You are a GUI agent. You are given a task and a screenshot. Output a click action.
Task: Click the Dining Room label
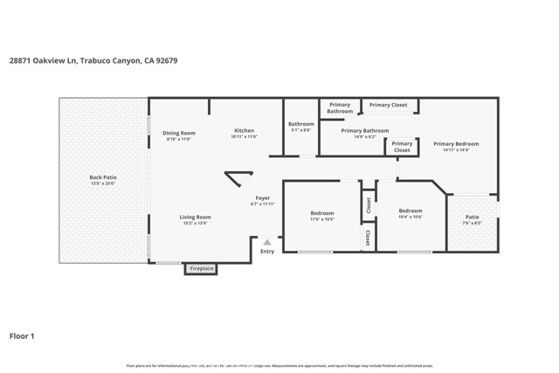pos(178,133)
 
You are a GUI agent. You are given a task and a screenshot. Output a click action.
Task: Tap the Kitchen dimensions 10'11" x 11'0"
pos(243,137)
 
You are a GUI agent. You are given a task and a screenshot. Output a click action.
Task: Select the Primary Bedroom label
pos(456,144)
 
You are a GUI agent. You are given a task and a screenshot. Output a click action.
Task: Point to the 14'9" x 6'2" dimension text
pos(364,137)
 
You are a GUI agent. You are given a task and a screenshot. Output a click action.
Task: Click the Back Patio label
pos(102,177)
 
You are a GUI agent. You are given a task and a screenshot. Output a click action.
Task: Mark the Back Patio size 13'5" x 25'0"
pos(102,183)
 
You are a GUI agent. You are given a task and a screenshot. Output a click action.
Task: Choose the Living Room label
pos(196,217)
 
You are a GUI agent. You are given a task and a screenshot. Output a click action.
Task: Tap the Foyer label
pos(262,198)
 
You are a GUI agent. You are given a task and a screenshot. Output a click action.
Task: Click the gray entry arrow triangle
pos(267,242)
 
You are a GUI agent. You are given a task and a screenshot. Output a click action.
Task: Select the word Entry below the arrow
pos(267,252)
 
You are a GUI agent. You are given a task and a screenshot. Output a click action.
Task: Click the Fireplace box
pos(201,268)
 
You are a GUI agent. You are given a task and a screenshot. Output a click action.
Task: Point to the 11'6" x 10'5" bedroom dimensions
pos(321,219)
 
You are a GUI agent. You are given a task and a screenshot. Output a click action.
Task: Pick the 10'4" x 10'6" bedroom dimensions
pos(410,217)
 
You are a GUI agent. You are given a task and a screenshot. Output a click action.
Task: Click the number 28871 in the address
pos(21,60)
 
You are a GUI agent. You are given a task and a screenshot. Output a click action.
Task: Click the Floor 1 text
pos(22,335)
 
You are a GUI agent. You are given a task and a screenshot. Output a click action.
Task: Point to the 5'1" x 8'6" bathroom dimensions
pos(300,130)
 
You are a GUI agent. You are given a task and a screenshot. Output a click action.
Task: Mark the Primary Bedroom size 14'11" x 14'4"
pos(456,150)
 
